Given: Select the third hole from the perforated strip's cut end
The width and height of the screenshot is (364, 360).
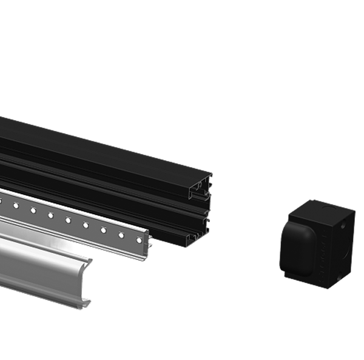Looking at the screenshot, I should (x=103, y=229).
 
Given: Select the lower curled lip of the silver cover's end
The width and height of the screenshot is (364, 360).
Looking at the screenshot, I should (x=87, y=300).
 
